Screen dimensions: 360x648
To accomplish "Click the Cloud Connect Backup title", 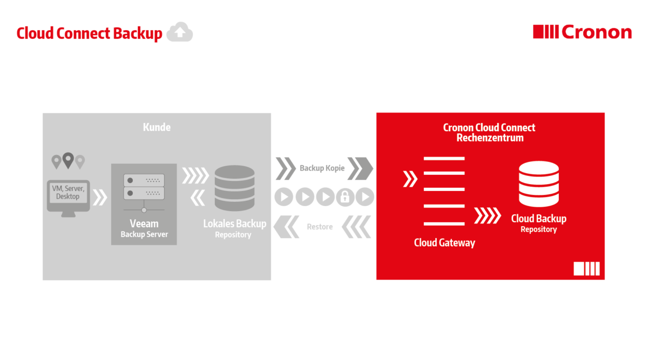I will click(x=89, y=33).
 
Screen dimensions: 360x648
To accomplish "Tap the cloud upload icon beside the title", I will click(x=179, y=33).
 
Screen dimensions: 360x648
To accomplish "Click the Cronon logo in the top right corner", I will click(x=582, y=32).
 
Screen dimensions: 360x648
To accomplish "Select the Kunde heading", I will click(x=157, y=127).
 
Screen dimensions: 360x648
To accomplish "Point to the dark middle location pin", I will click(x=68, y=160).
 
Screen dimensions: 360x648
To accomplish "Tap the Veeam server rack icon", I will click(x=144, y=187).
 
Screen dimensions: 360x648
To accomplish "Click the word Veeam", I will click(x=144, y=223).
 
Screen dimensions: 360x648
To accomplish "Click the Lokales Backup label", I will click(x=234, y=223).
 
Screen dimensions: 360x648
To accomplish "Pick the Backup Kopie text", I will click(x=322, y=168).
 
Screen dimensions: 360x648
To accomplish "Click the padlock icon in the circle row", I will click(x=345, y=197).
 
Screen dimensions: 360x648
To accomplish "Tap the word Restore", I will click(x=320, y=227).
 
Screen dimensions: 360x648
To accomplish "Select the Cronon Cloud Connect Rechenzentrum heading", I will click(x=489, y=132).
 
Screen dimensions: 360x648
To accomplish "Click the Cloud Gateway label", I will click(x=444, y=242).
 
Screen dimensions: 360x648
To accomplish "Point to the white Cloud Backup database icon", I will click(x=538, y=184).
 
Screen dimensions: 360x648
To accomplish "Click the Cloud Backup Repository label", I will click(x=538, y=223).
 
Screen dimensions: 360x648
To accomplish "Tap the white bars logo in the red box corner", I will click(x=586, y=269).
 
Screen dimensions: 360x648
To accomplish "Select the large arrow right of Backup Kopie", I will click(x=360, y=168).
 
